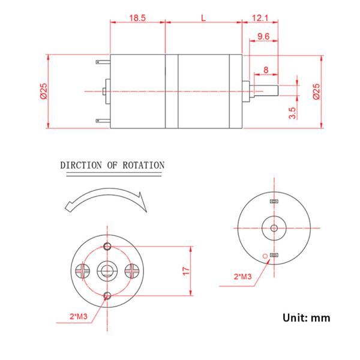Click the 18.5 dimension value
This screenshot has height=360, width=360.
pos(137,18)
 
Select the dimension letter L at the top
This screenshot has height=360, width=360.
pos(204,18)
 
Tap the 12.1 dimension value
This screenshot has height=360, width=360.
pos(260,18)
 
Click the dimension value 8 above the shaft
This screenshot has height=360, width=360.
pos(266,70)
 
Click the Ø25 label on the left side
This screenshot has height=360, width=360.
pos(43,91)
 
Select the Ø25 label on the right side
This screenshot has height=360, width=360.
pos(316,91)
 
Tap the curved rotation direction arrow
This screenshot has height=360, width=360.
pos(105,201)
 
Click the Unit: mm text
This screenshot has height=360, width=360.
pos(306,317)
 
